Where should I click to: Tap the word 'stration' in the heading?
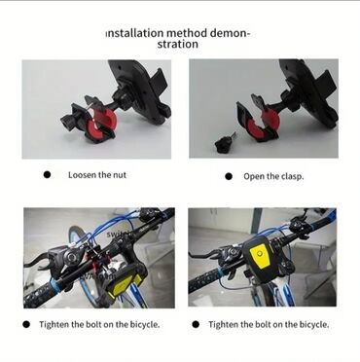178,44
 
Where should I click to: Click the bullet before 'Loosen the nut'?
47,175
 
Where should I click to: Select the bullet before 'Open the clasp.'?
229,176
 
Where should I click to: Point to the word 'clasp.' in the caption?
293,177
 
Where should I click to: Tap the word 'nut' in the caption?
120,175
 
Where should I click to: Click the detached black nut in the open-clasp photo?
223,144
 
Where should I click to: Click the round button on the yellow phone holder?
259,254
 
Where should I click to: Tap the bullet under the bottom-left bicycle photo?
26,324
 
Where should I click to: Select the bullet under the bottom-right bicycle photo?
196,324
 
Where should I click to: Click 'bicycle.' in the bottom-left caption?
145,325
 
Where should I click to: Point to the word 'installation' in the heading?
134,33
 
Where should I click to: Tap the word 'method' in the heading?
187,33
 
